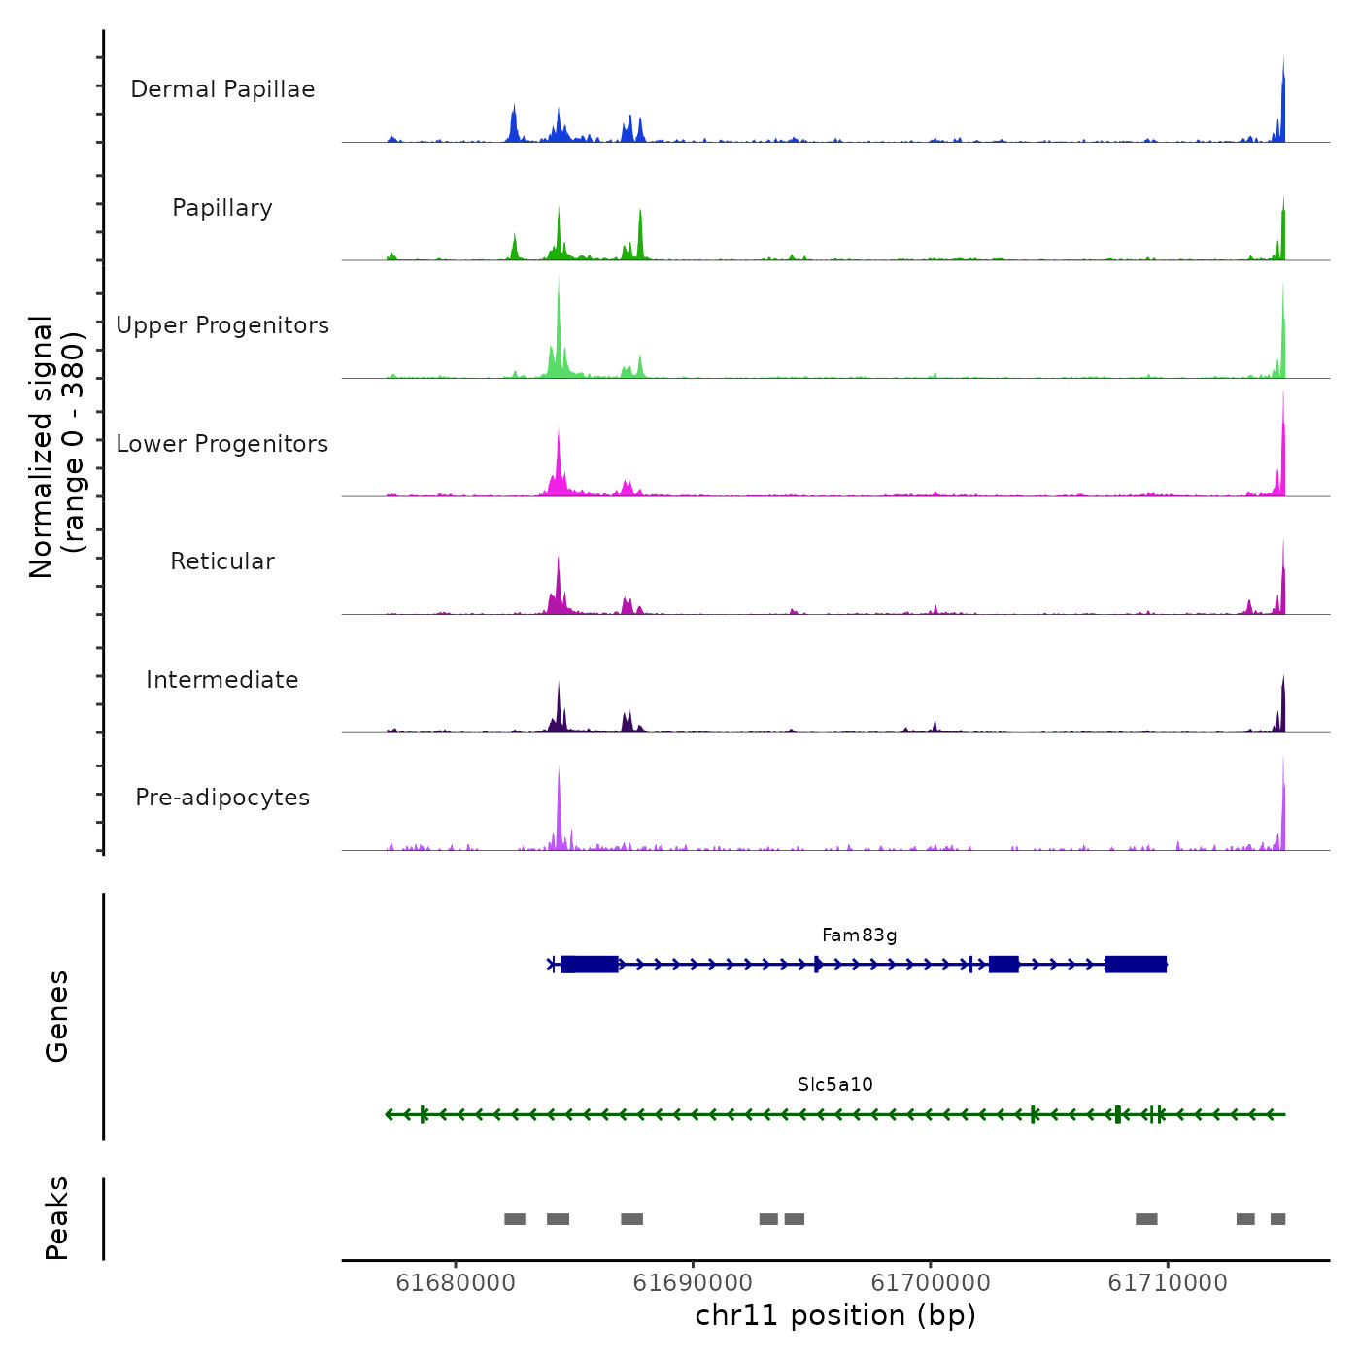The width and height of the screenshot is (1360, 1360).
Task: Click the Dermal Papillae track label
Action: [222, 89]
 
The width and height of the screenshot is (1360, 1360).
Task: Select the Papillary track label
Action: [222, 208]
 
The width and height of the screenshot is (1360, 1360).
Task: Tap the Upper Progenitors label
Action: [222, 325]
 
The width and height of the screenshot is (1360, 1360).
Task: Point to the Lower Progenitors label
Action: [222, 444]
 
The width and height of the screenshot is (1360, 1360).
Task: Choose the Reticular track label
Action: [222, 561]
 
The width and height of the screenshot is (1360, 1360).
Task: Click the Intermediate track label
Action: [222, 680]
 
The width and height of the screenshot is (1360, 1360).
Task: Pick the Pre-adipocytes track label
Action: [222, 798]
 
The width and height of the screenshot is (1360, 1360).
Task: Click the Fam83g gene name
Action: [859, 935]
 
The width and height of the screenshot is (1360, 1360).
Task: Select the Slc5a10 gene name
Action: [834, 1084]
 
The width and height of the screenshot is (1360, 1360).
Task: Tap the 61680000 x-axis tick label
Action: [456, 1283]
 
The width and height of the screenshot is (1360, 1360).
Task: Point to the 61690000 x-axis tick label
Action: [693, 1283]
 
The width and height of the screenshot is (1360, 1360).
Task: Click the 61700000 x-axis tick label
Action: [931, 1283]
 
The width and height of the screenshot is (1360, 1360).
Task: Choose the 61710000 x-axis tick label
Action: [1168, 1283]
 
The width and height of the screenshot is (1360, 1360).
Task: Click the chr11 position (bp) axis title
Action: [835, 1315]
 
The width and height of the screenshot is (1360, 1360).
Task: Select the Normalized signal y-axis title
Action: [56, 447]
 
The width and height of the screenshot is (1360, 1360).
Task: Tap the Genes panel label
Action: [57, 1016]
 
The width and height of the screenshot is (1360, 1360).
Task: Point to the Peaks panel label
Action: [57, 1218]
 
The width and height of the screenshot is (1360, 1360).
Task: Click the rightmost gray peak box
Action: [1277, 1219]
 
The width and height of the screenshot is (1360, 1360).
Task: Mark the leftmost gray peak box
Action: [515, 1219]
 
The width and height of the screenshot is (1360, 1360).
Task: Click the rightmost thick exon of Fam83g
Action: [1136, 965]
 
